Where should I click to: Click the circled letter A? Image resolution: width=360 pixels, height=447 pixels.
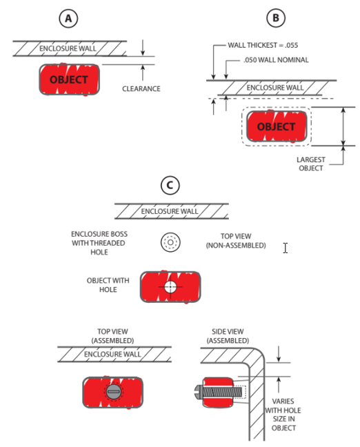click(68, 18)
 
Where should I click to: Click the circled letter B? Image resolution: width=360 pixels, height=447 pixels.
click(276, 18)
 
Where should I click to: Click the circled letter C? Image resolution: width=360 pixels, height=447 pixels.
click(170, 185)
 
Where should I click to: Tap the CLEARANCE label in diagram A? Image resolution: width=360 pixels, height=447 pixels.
click(141, 89)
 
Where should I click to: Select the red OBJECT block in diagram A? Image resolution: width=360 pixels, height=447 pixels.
click(69, 79)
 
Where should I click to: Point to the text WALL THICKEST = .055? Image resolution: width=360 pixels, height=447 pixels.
click(263, 45)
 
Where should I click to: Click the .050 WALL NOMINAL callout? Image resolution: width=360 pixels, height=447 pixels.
click(276, 60)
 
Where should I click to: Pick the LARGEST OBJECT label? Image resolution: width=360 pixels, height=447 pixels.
click(310, 163)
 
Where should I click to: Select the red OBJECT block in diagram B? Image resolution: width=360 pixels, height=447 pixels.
click(277, 126)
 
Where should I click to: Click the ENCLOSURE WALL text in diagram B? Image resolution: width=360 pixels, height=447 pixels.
click(275, 88)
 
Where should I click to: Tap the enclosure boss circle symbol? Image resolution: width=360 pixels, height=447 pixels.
click(170, 242)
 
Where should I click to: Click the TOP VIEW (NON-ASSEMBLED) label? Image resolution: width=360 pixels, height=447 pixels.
click(236, 241)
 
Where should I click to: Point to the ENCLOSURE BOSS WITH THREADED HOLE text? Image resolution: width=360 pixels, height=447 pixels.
click(99, 243)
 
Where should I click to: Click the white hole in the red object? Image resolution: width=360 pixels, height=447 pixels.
click(170, 287)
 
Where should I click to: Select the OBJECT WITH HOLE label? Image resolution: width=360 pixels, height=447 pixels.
click(108, 285)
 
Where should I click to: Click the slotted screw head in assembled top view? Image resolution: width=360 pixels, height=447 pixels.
click(113, 392)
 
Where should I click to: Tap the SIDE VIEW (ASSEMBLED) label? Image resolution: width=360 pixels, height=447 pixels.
click(228, 336)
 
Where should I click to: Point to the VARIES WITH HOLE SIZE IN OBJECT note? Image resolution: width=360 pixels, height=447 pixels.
click(283, 415)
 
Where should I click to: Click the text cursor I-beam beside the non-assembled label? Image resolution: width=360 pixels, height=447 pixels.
click(286, 248)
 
